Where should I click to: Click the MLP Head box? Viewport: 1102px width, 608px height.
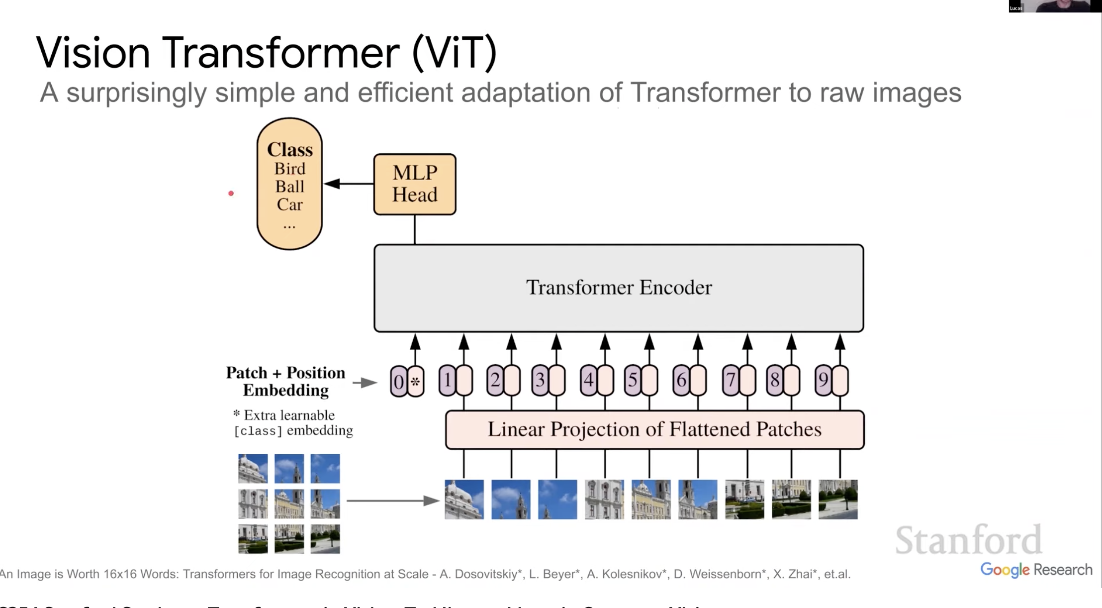pos(414,184)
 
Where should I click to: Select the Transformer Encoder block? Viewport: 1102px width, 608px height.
pos(619,288)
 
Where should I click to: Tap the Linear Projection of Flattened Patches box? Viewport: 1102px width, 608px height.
pos(654,429)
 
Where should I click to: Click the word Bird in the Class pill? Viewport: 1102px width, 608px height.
pos(289,169)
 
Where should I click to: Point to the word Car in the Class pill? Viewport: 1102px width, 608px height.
pos(289,204)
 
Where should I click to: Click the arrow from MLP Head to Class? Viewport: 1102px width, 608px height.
pos(348,184)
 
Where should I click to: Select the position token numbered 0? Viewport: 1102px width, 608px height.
pos(398,382)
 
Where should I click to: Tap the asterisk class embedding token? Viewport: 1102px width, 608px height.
pos(415,382)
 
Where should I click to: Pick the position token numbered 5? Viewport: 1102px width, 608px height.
pos(633,380)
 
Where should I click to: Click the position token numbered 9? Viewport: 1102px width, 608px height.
pos(823,380)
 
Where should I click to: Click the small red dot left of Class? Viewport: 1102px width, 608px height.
pos(231,193)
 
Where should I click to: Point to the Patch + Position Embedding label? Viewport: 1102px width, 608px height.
pos(285,381)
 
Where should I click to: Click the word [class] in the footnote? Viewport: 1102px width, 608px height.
pos(258,431)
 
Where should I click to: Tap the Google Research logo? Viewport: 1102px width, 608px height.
pos(1036,570)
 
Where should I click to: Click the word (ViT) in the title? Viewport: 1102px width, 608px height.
pos(454,53)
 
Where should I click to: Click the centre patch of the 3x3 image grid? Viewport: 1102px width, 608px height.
pos(289,504)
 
